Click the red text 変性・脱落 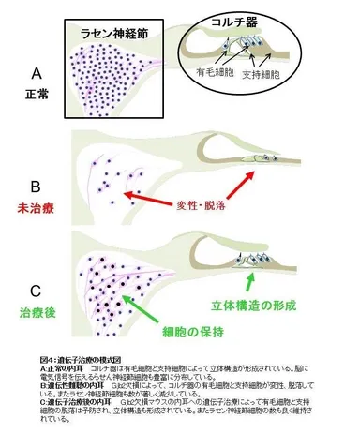coord(202,203)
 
